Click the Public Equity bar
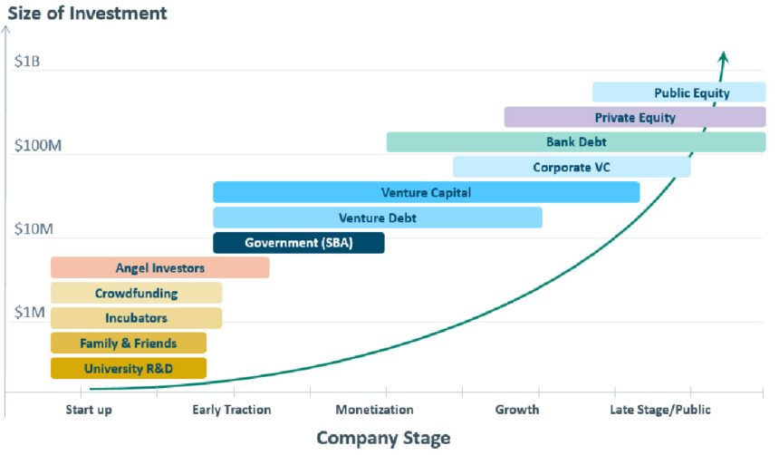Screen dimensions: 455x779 click(x=679, y=92)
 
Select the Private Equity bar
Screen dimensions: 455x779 click(x=634, y=117)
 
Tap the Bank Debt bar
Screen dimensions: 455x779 click(x=576, y=142)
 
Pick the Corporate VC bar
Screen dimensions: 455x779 click(x=571, y=167)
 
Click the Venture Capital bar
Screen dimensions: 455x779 click(x=426, y=192)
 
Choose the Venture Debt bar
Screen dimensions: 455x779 click(x=377, y=218)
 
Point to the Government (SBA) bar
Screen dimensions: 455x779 click(x=298, y=243)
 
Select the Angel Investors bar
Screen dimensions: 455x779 click(x=159, y=267)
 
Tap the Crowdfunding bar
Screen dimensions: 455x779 click(x=136, y=293)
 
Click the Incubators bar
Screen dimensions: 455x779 click(x=136, y=318)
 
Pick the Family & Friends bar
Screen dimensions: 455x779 click(x=128, y=344)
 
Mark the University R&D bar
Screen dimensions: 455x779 click(x=128, y=368)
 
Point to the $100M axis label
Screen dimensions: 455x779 click(x=37, y=146)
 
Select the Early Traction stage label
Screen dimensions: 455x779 click(x=232, y=410)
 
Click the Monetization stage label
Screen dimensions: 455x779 click(x=374, y=410)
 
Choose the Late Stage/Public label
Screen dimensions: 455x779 click(x=661, y=410)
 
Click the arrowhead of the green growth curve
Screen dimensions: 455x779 click(x=723, y=58)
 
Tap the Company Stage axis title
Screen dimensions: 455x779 click(x=383, y=439)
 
